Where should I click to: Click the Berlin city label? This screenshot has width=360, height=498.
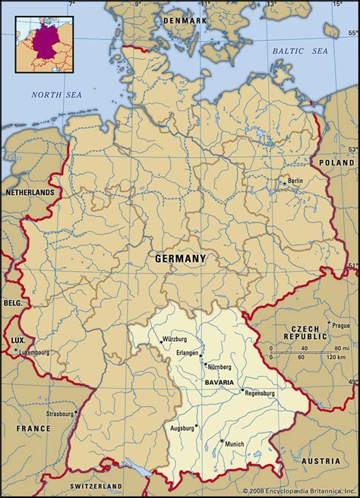[295, 181]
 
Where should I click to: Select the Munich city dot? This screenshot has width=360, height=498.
[222, 442]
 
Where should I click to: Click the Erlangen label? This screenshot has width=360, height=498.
[186, 354]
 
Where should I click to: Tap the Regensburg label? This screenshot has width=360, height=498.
[261, 393]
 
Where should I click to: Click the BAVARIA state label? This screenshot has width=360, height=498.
[219, 382]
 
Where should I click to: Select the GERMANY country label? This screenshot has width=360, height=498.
[180, 259]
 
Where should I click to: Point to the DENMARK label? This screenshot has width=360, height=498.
[184, 20]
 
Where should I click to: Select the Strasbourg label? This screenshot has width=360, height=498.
[60, 414]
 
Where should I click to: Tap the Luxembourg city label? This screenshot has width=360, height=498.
[33, 353]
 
